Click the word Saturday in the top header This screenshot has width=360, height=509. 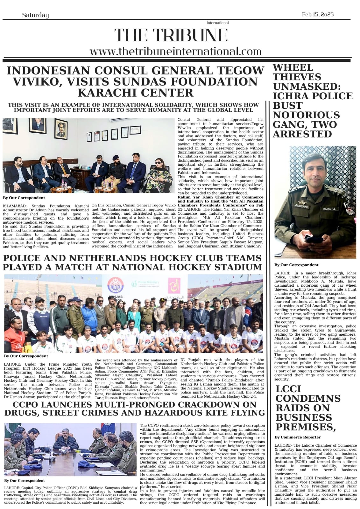[35, 15]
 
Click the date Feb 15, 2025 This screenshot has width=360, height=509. [317, 15]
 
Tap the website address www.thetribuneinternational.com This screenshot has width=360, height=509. [175, 52]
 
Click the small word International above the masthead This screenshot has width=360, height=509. [217, 23]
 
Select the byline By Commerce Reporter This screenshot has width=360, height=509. [298, 437]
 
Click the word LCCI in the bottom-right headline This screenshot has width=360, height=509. [288, 389]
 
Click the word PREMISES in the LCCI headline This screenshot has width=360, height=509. [306, 427]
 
